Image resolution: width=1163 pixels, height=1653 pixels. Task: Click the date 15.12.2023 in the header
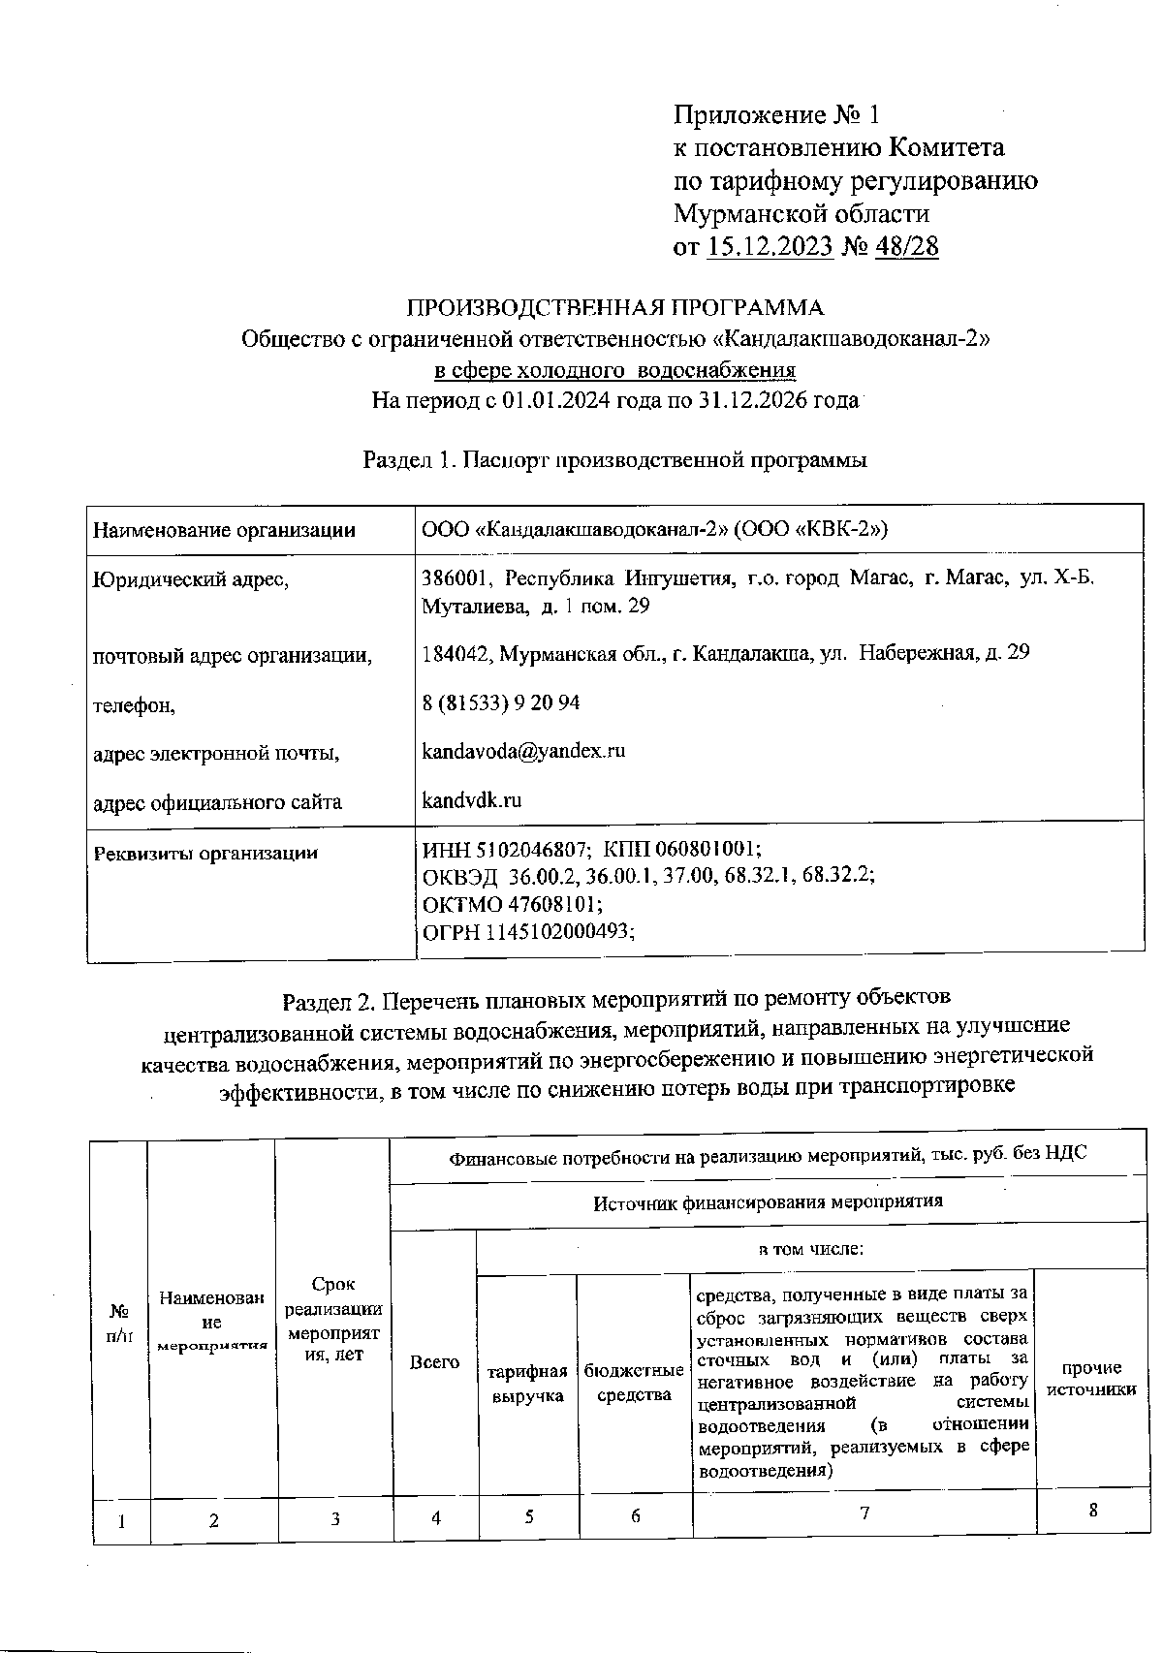point(770,246)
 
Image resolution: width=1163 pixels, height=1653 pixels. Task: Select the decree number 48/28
point(906,246)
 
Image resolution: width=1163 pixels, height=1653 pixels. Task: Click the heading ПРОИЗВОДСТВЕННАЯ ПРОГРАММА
point(614,308)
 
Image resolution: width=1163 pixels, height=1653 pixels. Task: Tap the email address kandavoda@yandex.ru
point(523,751)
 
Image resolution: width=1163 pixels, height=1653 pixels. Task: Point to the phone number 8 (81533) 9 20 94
point(501,702)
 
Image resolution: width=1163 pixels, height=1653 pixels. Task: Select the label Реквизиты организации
point(204,854)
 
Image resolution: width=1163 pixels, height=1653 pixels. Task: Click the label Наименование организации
point(223,530)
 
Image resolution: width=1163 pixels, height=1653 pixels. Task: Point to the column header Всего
point(434,1362)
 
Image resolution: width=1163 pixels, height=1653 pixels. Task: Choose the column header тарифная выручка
point(527,1385)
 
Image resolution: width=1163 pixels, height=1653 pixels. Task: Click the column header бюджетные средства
point(634,1384)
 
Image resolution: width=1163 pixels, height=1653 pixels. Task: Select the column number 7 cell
point(864,1513)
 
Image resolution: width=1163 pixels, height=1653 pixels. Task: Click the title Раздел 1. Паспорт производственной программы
point(614,459)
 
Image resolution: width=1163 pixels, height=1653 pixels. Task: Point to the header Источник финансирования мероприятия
point(768,1202)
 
